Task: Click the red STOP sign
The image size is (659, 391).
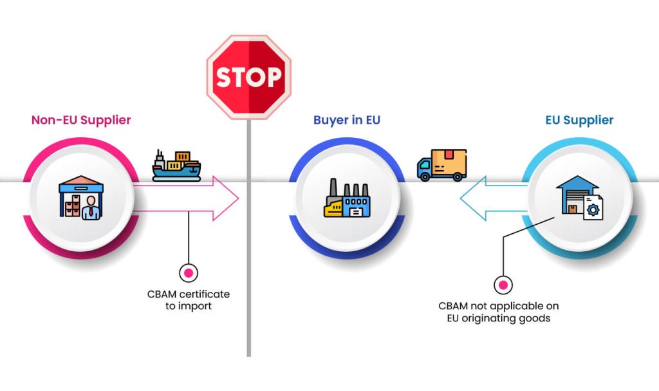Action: click(x=248, y=77)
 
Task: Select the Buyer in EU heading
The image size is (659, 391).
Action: click(x=346, y=120)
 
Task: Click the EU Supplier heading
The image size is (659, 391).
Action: click(x=579, y=120)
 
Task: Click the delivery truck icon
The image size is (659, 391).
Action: click(x=441, y=165)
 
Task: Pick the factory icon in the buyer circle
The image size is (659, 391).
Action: click(x=347, y=198)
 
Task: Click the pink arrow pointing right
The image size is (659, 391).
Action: click(x=193, y=198)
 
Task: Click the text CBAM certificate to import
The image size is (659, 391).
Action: click(x=188, y=300)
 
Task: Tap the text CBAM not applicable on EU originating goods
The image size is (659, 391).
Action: click(x=499, y=312)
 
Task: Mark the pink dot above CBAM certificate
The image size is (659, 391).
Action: click(x=188, y=273)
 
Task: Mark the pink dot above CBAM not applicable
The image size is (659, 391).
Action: click(x=503, y=284)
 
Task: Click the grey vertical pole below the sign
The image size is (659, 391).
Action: click(x=248, y=258)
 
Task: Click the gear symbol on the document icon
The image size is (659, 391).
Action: click(x=593, y=209)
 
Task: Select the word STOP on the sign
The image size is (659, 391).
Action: click(x=248, y=77)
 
